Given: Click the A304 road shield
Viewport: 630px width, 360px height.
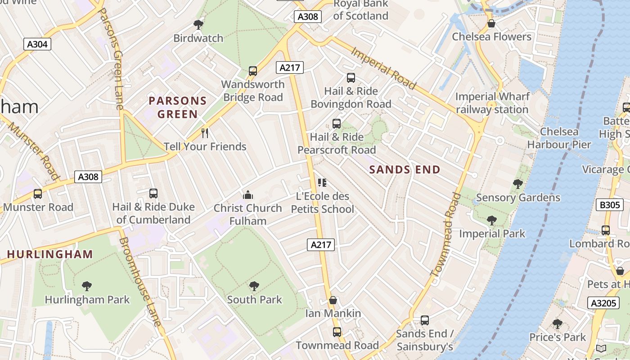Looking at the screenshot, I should point(37,44).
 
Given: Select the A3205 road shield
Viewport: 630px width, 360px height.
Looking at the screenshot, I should point(603,303).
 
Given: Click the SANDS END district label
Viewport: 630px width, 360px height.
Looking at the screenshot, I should point(405,170).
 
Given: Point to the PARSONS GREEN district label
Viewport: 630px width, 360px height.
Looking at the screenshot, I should point(177,107).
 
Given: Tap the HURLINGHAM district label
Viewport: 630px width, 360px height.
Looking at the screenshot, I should point(50,254).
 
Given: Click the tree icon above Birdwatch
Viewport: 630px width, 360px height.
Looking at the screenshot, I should point(198,25).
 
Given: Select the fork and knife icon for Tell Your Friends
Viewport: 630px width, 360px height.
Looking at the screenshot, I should point(205,133).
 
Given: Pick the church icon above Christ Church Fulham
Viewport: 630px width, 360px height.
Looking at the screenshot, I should point(247,195).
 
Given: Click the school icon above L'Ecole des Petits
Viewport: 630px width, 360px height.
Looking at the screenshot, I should point(322,183).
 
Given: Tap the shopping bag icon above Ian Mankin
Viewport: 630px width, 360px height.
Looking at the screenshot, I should point(333,300).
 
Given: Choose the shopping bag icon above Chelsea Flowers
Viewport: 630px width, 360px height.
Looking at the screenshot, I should point(491,23).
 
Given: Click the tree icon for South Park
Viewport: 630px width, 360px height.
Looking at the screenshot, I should point(254,286).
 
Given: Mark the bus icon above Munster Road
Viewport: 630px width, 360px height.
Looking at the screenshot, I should point(38,194).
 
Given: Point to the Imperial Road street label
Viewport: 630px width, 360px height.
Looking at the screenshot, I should point(383,68).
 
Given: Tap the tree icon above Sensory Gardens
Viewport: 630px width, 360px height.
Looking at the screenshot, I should point(518,184).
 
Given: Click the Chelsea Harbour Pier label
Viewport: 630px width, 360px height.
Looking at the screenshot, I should point(559,138).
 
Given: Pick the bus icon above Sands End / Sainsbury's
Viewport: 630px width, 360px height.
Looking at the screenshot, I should point(424,320).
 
